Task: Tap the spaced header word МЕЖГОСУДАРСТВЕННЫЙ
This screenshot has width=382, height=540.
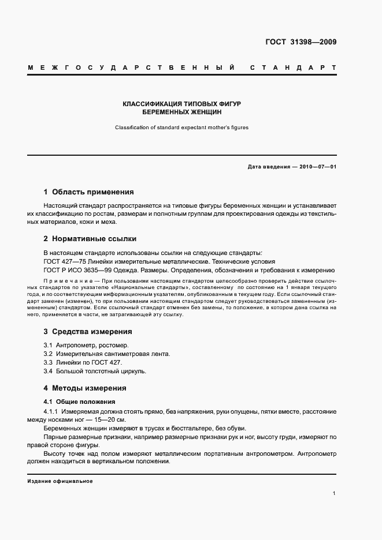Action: click(x=131, y=68)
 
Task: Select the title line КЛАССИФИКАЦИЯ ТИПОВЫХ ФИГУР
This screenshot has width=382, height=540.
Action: click(x=181, y=104)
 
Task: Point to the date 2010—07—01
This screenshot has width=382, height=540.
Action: click(x=317, y=167)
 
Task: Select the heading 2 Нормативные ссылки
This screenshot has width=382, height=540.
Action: click(x=90, y=239)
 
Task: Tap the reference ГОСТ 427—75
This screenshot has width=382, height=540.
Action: click(x=64, y=261)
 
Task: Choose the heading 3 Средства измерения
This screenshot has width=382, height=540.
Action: click(x=88, y=332)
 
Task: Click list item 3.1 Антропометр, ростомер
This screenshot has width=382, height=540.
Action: click(x=81, y=345)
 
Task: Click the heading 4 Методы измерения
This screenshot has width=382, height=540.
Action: click(x=85, y=388)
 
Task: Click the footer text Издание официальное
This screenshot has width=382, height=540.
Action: click(x=60, y=481)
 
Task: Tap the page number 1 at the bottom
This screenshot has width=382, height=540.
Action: click(x=334, y=493)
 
